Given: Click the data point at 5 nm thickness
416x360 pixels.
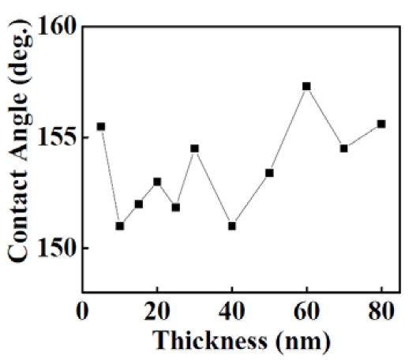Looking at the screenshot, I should click(x=101, y=126).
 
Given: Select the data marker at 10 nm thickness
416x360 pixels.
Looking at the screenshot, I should click(x=120, y=226).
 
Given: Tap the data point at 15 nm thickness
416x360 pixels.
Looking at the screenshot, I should click(x=139, y=204).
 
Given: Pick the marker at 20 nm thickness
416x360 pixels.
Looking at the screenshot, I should click(x=157, y=182).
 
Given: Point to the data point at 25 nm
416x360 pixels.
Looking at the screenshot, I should click(x=176, y=207).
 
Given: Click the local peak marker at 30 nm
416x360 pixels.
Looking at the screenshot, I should click(x=195, y=148).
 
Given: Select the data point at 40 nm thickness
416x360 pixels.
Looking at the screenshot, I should click(x=232, y=226).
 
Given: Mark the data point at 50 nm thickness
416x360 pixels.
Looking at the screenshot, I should click(x=269, y=173).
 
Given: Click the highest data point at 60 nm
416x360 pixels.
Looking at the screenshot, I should click(x=307, y=86).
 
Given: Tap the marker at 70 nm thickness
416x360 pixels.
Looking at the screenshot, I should click(x=344, y=148).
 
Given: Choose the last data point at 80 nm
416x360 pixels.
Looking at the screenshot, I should click(x=381, y=124).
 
